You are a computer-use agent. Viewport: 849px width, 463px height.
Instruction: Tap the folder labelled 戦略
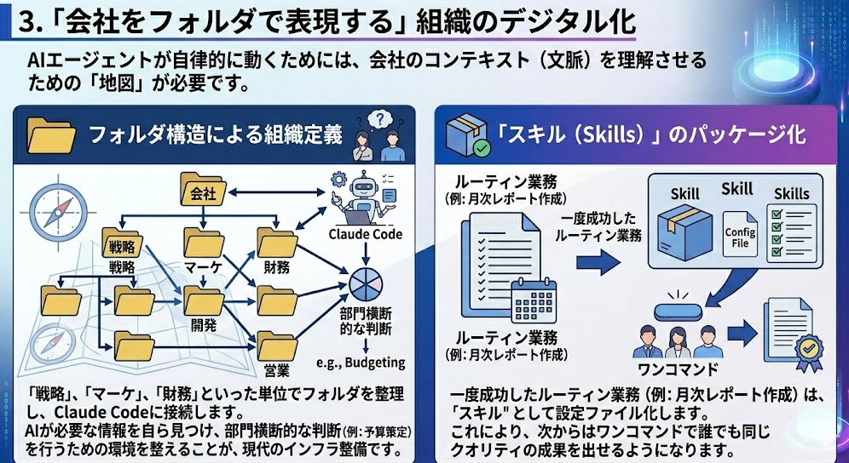[x=121, y=244]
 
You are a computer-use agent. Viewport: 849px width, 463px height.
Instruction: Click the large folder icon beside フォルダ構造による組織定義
[x=52, y=134]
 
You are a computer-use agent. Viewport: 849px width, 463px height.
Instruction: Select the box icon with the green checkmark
[x=471, y=134]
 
